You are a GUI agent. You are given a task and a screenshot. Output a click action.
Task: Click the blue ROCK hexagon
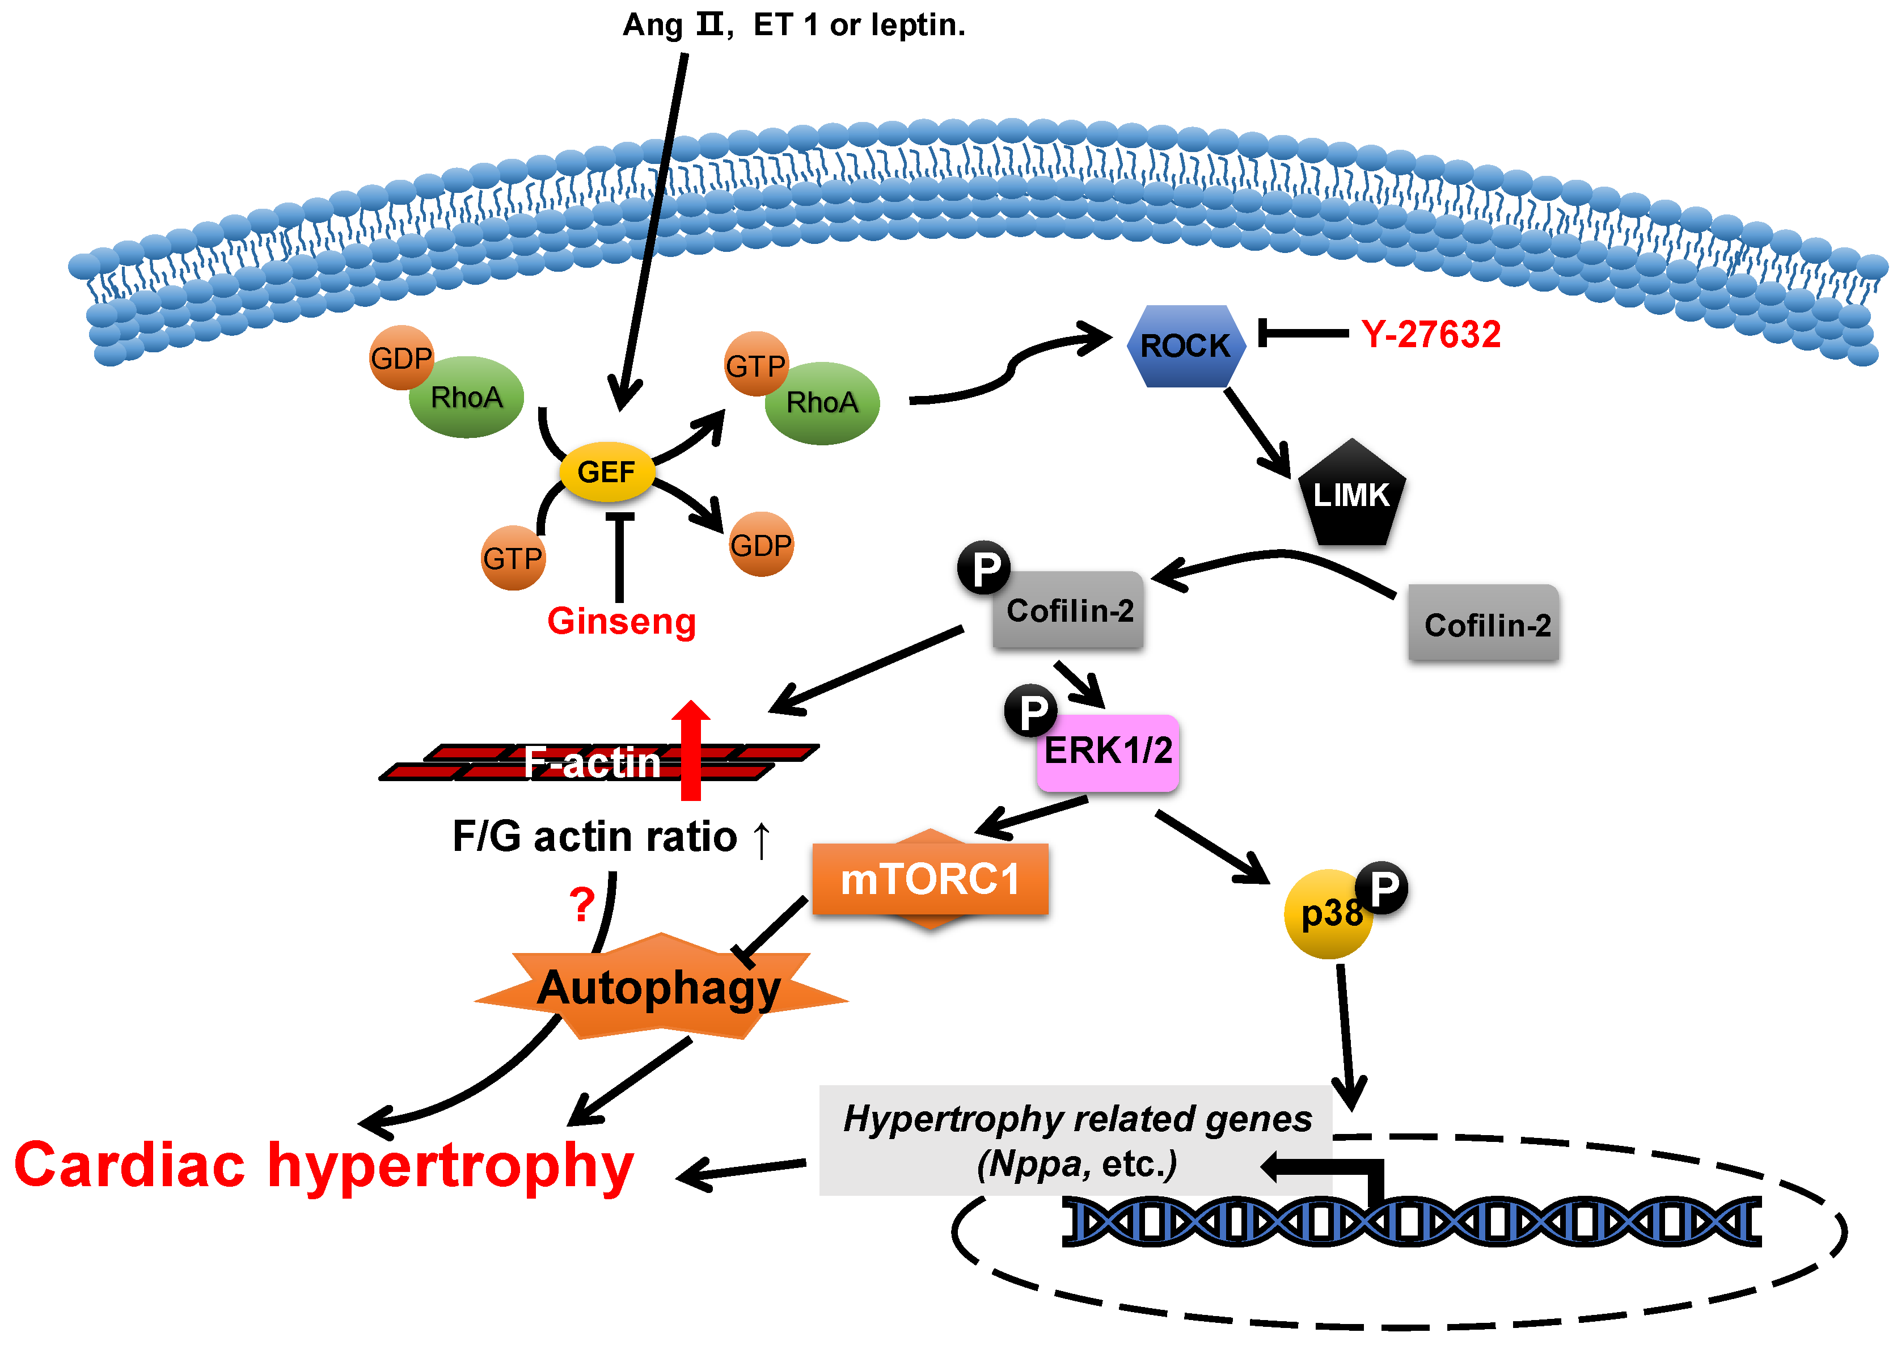[x=1184, y=345]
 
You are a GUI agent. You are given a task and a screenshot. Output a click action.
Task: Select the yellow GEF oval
[x=607, y=472]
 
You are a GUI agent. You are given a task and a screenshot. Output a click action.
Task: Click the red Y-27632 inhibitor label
[x=1431, y=335]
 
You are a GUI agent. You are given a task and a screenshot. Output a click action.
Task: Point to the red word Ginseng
[x=621, y=621]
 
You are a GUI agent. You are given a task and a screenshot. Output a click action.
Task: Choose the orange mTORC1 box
[x=930, y=879]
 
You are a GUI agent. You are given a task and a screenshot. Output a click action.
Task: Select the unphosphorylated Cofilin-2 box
[x=1484, y=623]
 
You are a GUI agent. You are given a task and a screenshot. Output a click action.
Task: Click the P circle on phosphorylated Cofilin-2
[x=985, y=568]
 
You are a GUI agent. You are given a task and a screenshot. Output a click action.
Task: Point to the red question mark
[x=582, y=904]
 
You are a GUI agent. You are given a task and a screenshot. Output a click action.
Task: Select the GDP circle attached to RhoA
[x=402, y=358]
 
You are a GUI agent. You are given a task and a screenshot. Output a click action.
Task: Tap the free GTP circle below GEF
[x=513, y=558]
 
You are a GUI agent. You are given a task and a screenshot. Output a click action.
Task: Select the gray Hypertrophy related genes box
[x=1075, y=1140]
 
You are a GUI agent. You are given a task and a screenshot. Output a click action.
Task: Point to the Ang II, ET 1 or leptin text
[x=793, y=25]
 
